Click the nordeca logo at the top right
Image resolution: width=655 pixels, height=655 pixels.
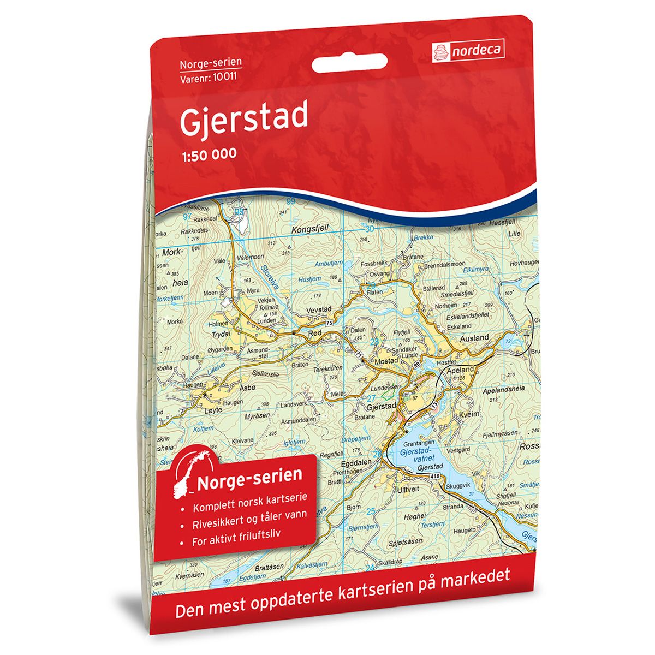(468, 51)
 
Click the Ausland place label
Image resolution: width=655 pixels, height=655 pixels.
(474, 338)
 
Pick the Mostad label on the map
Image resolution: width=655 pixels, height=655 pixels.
(386, 361)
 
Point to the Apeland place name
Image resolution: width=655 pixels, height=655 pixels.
(461, 370)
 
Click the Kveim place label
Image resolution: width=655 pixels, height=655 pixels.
(469, 415)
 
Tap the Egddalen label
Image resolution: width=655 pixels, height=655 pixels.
(357, 461)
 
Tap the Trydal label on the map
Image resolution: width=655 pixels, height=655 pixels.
(220, 334)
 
